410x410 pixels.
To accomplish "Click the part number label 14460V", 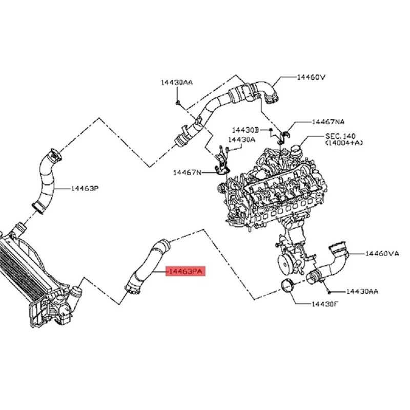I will [x=312, y=77].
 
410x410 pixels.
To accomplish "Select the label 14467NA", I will [x=329, y=122].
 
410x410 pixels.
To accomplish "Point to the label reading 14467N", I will [x=187, y=173].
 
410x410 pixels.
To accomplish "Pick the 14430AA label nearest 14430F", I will [x=362, y=291].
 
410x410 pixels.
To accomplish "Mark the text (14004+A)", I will [x=344, y=144].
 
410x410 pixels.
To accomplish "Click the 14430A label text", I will [x=241, y=139].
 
